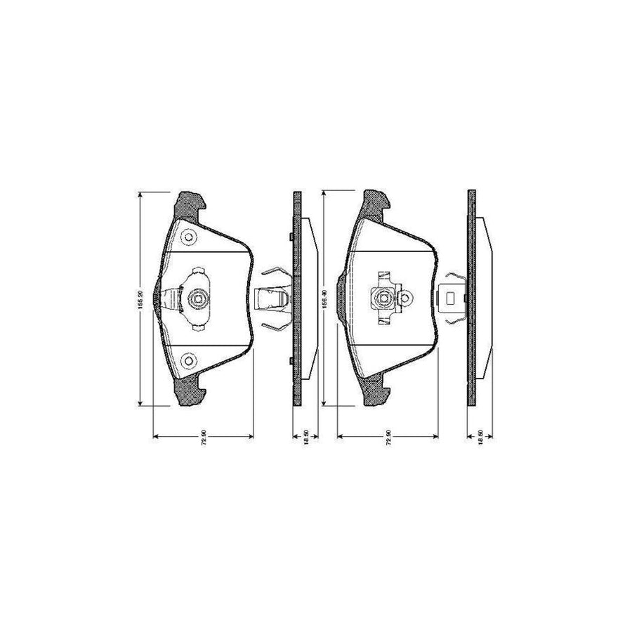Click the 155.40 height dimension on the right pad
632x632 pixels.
[324, 300]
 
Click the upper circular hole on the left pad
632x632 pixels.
[187, 237]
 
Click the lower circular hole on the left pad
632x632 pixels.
[187, 362]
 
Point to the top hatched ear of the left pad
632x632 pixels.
[190, 204]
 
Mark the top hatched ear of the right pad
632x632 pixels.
[374, 204]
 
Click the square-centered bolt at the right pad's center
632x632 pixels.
[383, 300]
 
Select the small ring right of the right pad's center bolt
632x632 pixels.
[404, 300]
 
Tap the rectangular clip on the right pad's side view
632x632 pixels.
[449, 300]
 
